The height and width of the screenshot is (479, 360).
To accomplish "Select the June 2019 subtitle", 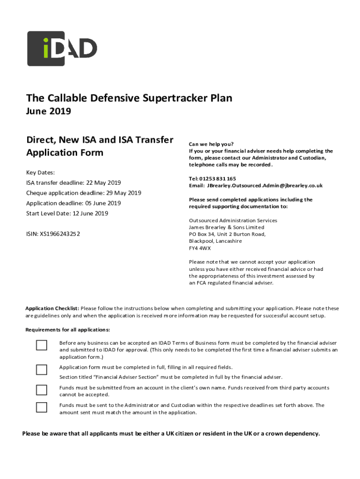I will pyautogui.click(x=49, y=111).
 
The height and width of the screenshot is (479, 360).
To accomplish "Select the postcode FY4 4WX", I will pyautogui.click(x=200, y=248).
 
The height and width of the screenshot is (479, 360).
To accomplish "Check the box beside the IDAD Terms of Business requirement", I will pyautogui.click(x=42, y=345).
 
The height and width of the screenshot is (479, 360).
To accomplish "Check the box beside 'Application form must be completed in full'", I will pyautogui.click(x=42, y=370).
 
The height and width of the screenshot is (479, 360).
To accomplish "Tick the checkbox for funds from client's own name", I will pyautogui.click(x=42, y=390).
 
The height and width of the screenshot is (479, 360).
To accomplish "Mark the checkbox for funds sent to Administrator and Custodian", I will pyautogui.click(x=42, y=407).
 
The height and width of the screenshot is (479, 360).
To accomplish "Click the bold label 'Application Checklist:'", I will pyautogui.click(x=52, y=308).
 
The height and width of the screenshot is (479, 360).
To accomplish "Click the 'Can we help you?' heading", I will pyautogui.click(x=211, y=144).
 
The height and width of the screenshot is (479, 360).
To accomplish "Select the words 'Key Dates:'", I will pyautogui.click(x=41, y=173).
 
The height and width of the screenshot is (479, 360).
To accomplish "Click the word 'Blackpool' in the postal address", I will pyautogui.click(x=202, y=241).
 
